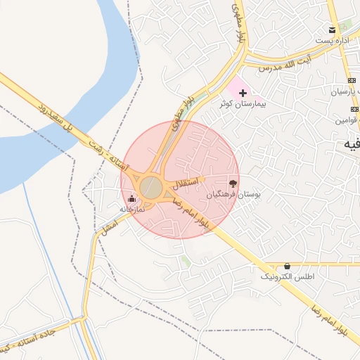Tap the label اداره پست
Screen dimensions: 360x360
tap(333, 41)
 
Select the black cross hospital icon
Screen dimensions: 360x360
tap(243, 93)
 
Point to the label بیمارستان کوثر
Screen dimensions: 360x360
tap(243, 104)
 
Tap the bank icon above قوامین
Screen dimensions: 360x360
tap(355, 109)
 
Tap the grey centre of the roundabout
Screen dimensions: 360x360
tap(150, 188)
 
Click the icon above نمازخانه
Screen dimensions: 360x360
tap(131, 199)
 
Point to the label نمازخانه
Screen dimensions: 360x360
tap(131, 210)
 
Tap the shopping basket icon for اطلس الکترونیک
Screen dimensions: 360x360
tap(287, 266)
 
